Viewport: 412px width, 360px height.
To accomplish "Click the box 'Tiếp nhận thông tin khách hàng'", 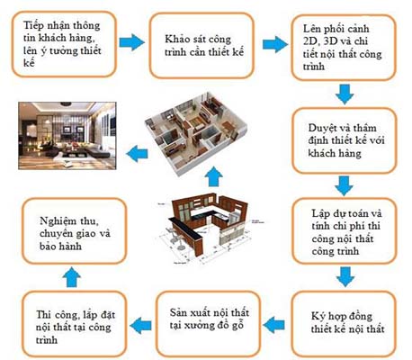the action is point(64,44).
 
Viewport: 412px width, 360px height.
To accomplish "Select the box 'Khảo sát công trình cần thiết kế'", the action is point(202,46).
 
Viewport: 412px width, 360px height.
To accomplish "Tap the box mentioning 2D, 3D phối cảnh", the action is point(344,48).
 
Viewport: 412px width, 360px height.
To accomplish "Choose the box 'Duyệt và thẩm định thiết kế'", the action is point(345,140).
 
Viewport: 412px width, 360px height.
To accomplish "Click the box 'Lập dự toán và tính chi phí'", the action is point(345,231).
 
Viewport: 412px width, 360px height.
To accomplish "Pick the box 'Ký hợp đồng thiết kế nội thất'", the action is point(344,324).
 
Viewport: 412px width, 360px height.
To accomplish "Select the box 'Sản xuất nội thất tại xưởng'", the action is point(209,323).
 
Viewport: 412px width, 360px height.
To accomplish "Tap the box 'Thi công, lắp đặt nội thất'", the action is point(75,324).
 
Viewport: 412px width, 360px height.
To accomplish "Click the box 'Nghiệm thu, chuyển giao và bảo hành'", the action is point(75,231).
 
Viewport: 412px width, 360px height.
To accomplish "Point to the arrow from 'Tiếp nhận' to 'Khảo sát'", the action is point(132,42).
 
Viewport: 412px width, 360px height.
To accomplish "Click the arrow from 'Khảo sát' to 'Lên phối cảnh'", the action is point(275,44).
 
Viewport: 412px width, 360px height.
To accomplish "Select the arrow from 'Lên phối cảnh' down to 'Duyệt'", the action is point(345,94).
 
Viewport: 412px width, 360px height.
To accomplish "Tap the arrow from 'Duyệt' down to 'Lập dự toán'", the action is point(344,185).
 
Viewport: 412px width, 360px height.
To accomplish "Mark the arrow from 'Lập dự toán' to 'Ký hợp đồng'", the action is point(345,277).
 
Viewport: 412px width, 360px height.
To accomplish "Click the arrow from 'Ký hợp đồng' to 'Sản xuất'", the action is point(273,325).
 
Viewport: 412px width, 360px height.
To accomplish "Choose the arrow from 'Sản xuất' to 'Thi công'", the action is point(141,325).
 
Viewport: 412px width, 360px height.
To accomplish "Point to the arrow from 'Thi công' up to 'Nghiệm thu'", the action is point(72,277).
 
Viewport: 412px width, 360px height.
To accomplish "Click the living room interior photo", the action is point(67,136).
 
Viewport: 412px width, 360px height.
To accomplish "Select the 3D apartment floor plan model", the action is point(196,131).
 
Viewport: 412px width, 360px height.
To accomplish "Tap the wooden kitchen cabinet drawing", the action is point(209,229).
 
